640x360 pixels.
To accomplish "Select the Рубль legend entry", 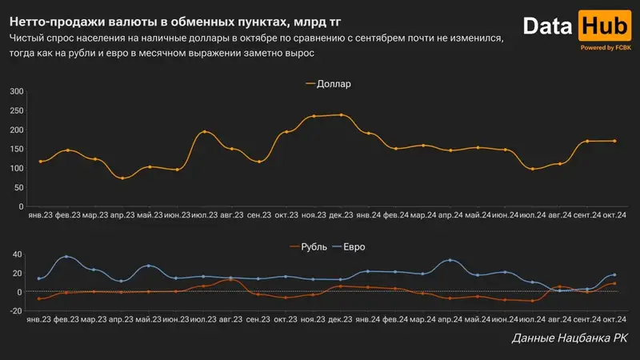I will pos(313,246).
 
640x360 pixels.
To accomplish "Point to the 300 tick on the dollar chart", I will pos(15,91).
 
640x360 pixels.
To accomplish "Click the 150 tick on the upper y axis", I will pos(15,149).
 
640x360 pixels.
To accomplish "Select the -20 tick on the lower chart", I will pos(14,310).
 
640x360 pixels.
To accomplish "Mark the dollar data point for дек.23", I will pos(342,115).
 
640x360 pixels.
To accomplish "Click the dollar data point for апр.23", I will pos(122,178).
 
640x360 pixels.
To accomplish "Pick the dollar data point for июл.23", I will pos(205,132).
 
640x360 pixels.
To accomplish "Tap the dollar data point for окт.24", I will pos(614,141).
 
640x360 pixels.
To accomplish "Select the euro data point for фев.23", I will pos(67,257).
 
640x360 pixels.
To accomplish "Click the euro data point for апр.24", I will pos(450,261).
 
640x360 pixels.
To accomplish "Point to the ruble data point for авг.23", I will pos(231,279).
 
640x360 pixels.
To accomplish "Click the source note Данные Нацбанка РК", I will pos(569,340).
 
